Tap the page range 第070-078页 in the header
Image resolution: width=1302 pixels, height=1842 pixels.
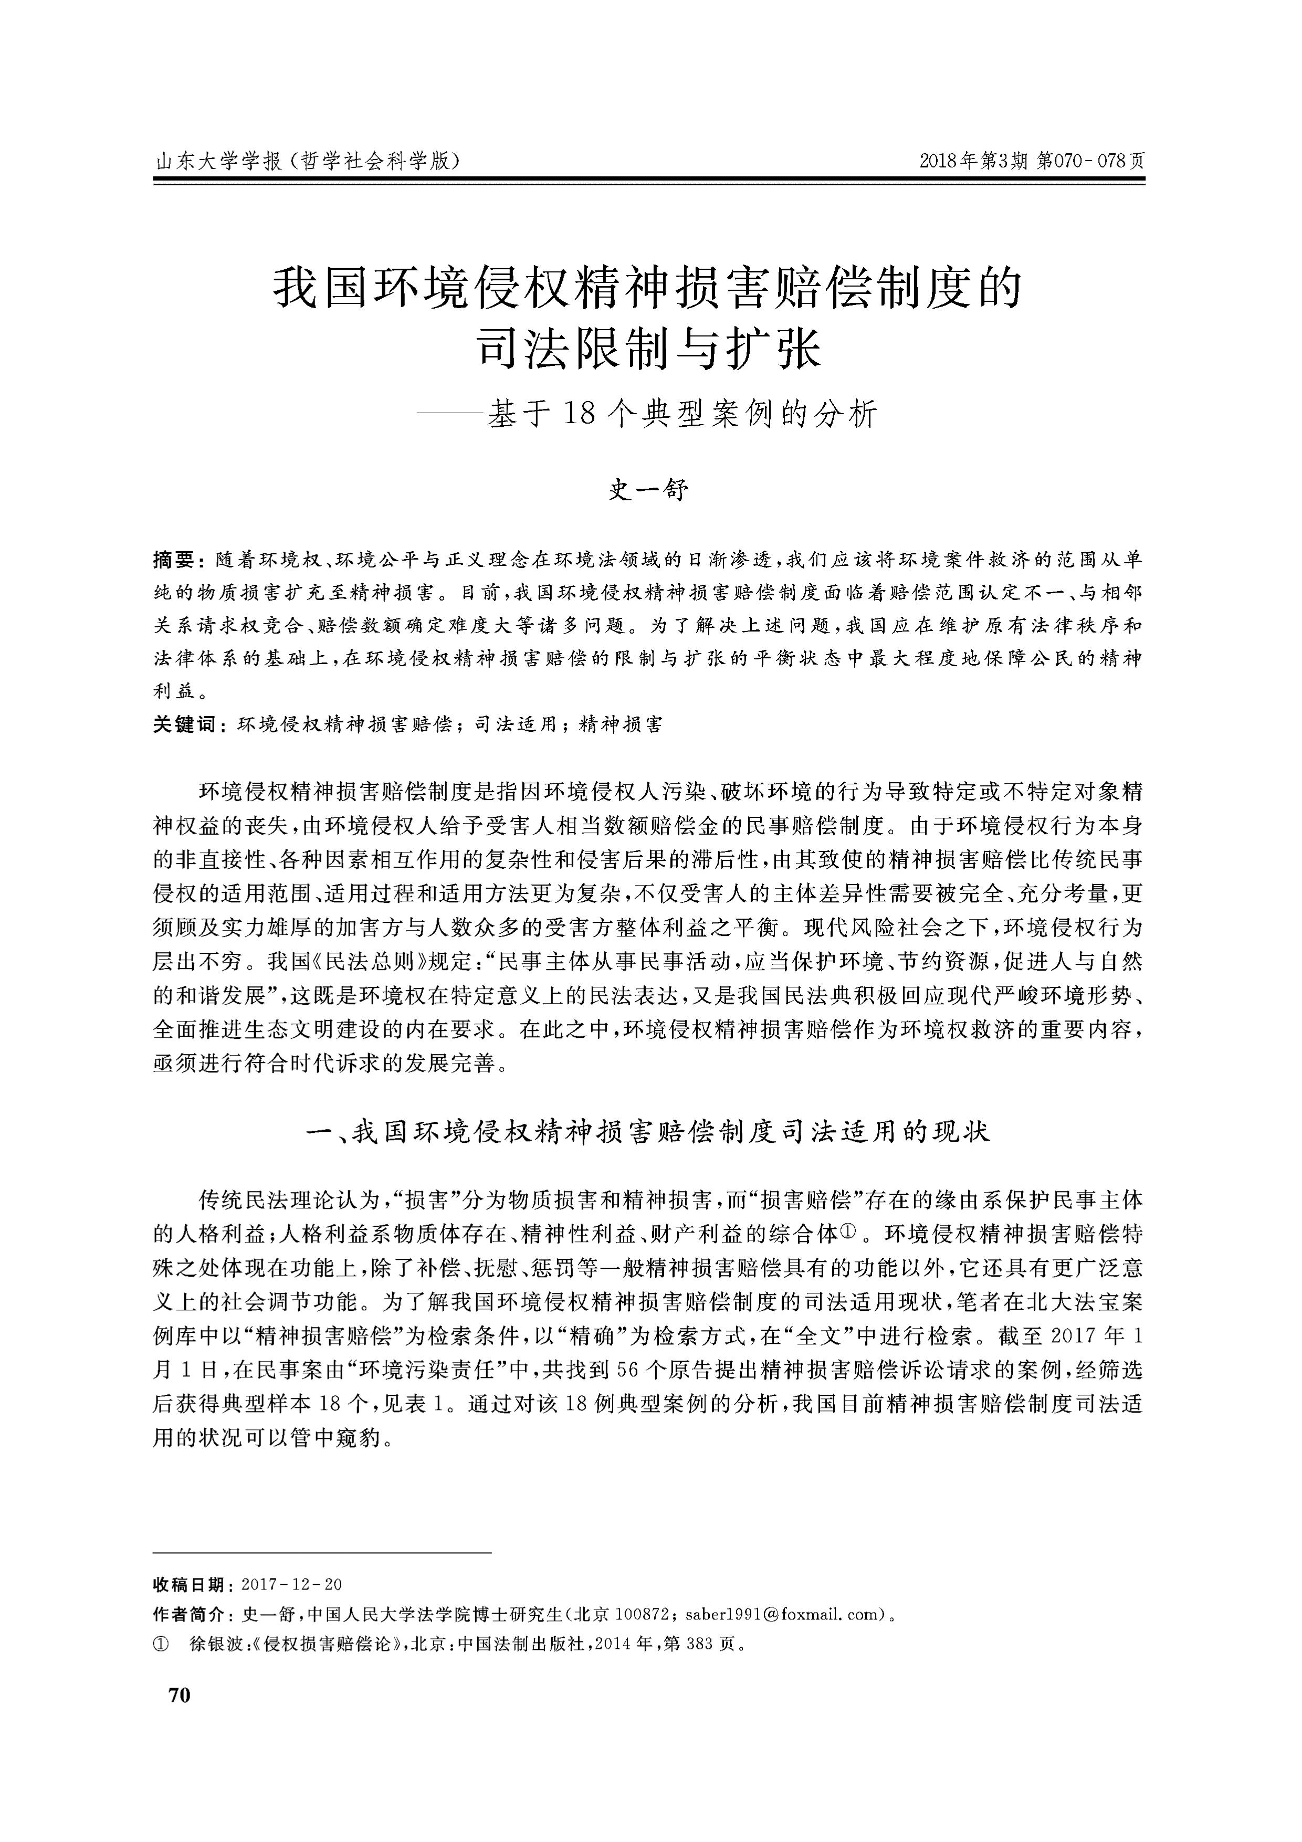tap(1091, 161)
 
